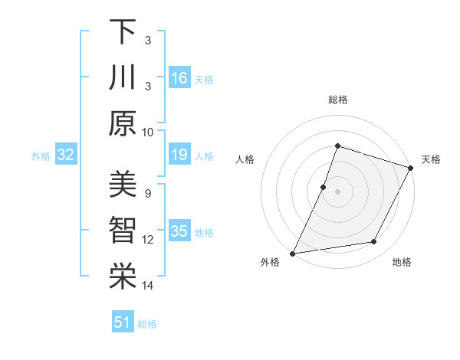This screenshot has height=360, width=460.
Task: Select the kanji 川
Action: click(123, 78)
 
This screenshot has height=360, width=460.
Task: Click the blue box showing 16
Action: click(179, 78)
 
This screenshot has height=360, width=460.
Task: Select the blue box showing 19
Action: click(179, 155)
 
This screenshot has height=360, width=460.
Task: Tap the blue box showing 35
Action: click(179, 232)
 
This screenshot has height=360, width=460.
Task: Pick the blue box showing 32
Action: click(66, 155)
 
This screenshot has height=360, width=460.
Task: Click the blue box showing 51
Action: click(123, 322)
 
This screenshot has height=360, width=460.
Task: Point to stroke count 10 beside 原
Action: click(148, 132)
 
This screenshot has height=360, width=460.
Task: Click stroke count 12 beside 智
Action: click(148, 240)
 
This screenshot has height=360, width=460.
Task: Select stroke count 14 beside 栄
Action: click(148, 286)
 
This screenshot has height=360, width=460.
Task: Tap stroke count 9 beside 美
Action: click(148, 193)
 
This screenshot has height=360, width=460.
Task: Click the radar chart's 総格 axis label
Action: click(337, 100)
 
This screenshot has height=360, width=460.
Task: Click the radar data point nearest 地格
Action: click(374, 242)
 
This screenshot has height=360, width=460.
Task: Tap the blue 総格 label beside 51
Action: click(147, 324)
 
